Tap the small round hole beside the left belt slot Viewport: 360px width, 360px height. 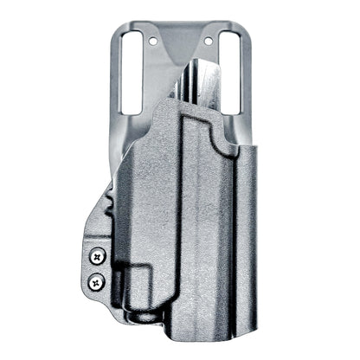153,42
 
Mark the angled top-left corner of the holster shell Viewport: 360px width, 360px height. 159,107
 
